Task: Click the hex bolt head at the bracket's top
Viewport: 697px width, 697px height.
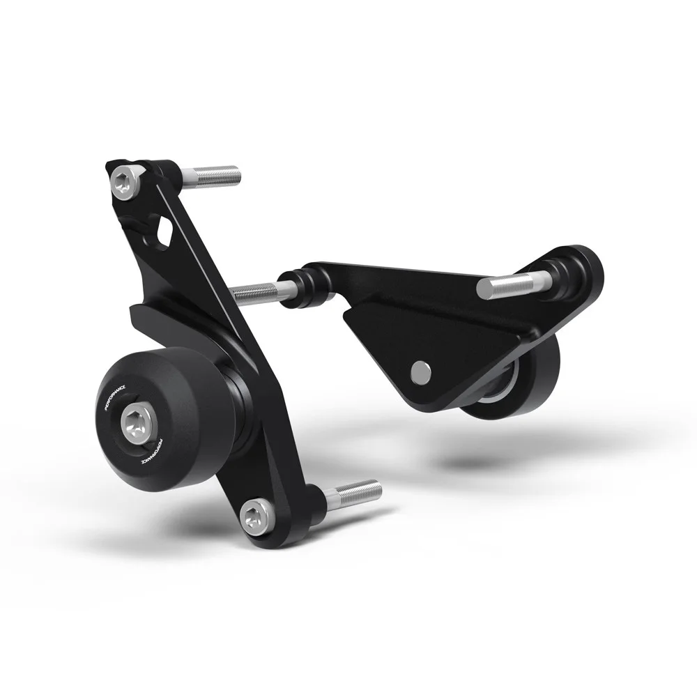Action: pos(124,182)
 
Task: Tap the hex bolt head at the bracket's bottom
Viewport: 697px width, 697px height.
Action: pos(253,517)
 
